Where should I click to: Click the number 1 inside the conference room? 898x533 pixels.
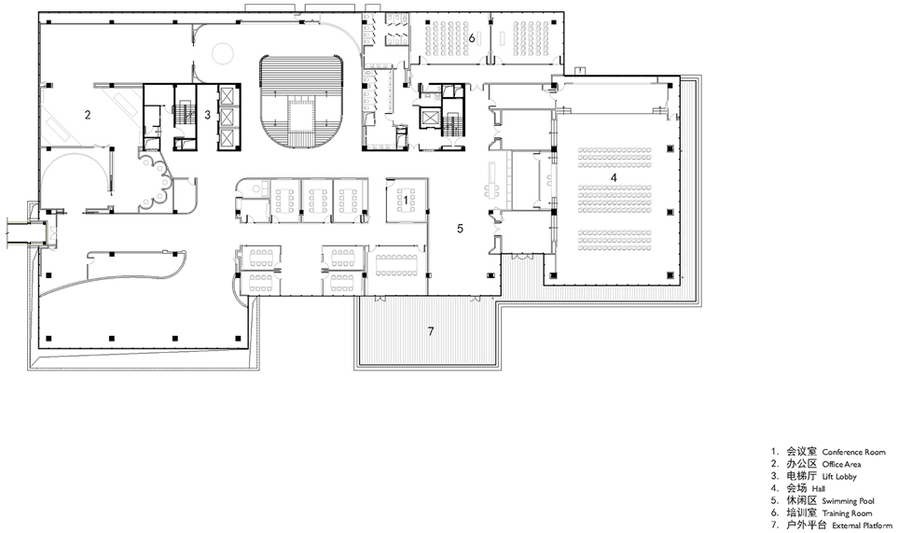point(405,200)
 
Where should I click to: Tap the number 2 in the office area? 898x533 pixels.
point(88,115)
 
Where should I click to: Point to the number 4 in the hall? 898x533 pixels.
point(613,177)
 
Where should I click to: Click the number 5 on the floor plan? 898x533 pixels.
point(459,227)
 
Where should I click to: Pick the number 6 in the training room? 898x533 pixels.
point(473,38)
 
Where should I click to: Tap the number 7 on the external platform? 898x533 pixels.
point(430,331)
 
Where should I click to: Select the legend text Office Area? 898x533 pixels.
point(841,464)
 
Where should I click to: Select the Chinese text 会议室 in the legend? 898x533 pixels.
point(800,452)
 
